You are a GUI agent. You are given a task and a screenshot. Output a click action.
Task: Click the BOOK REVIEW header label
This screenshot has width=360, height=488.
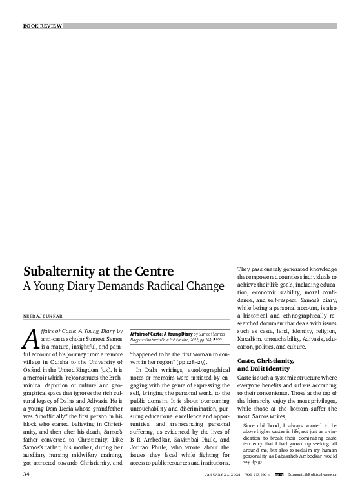(x=43, y=26)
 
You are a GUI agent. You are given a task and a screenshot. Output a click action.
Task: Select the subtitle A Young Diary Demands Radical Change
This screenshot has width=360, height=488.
(x=124, y=285)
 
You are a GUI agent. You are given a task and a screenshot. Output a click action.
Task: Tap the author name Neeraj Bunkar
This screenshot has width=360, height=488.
(x=43, y=316)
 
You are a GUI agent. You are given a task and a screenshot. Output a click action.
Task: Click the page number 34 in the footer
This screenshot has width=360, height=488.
(x=27, y=474)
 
